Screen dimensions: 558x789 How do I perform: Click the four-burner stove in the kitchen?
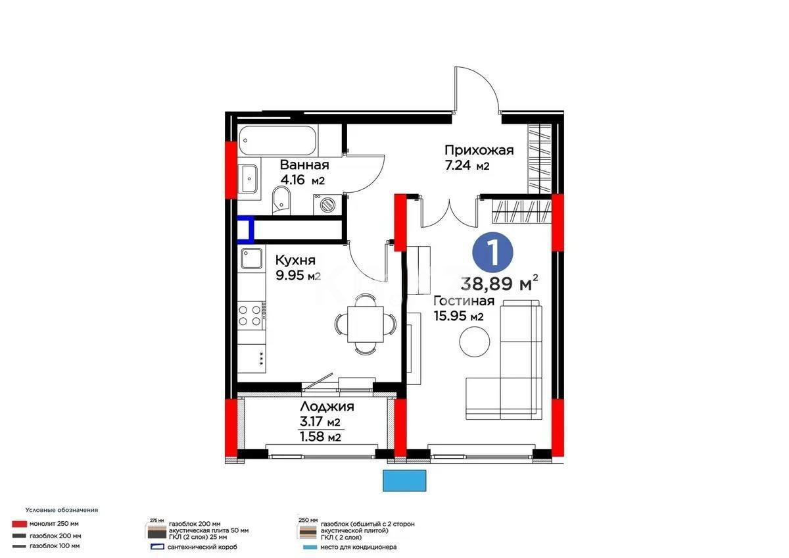click(x=251, y=315)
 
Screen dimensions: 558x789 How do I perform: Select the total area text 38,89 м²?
click(x=500, y=284)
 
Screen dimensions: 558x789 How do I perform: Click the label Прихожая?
click(x=479, y=150)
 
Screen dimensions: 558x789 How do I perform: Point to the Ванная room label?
click(x=304, y=165)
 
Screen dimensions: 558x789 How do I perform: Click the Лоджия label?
click(x=327, y=407)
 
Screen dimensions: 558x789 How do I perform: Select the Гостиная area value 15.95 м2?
click(x=459, y=317)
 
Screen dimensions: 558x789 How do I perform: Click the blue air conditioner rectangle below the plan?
click(x=405, y=480)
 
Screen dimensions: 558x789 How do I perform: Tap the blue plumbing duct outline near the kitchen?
click(x=246, y=231)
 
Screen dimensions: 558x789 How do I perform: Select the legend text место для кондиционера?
click(x=359, y=547)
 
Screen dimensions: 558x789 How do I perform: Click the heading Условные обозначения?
click(x=62, y=510)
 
